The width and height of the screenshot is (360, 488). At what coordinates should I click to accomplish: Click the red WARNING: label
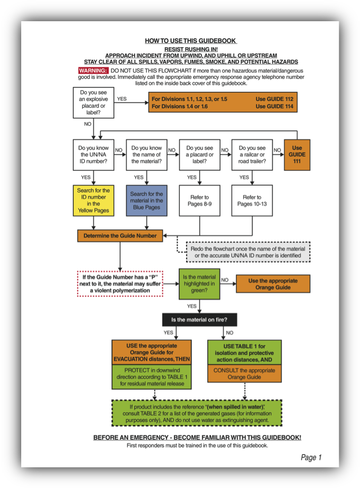93,71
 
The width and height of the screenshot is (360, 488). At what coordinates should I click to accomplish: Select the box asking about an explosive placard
93,103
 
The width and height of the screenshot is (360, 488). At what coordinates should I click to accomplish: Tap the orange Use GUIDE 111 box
297,154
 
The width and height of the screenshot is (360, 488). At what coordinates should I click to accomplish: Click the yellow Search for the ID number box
93,201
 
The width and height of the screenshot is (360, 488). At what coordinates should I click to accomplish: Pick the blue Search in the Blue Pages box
146,201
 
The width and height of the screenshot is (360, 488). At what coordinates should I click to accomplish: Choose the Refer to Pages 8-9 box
199,201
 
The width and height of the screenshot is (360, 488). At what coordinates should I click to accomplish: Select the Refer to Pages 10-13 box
252,201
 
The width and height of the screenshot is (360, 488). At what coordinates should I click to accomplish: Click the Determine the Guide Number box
120,236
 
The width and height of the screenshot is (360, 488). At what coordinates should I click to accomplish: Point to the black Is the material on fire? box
199,320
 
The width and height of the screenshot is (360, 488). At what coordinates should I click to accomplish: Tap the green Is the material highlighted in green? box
199,284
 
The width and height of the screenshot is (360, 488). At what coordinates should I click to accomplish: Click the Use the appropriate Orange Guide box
273,284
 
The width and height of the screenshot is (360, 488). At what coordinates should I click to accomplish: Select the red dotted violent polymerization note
120,284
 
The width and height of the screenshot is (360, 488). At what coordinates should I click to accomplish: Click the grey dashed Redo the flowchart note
248,252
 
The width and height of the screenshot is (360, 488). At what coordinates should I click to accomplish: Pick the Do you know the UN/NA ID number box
93,154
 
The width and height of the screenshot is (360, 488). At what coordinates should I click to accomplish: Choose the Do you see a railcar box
252,154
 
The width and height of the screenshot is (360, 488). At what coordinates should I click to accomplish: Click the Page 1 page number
311,457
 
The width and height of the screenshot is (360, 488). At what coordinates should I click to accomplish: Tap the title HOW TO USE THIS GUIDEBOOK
190,41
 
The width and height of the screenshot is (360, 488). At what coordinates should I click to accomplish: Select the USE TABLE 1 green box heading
244,346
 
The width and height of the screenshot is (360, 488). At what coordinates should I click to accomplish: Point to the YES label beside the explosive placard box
122,99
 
